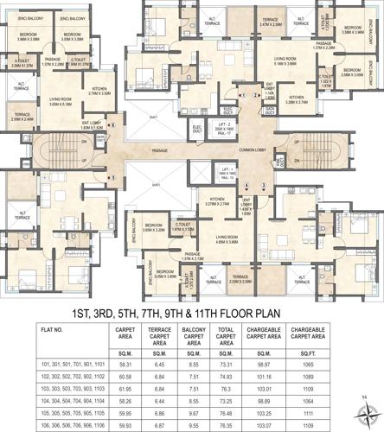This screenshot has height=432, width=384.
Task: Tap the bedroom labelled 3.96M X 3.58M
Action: click(x=33, y=37)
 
